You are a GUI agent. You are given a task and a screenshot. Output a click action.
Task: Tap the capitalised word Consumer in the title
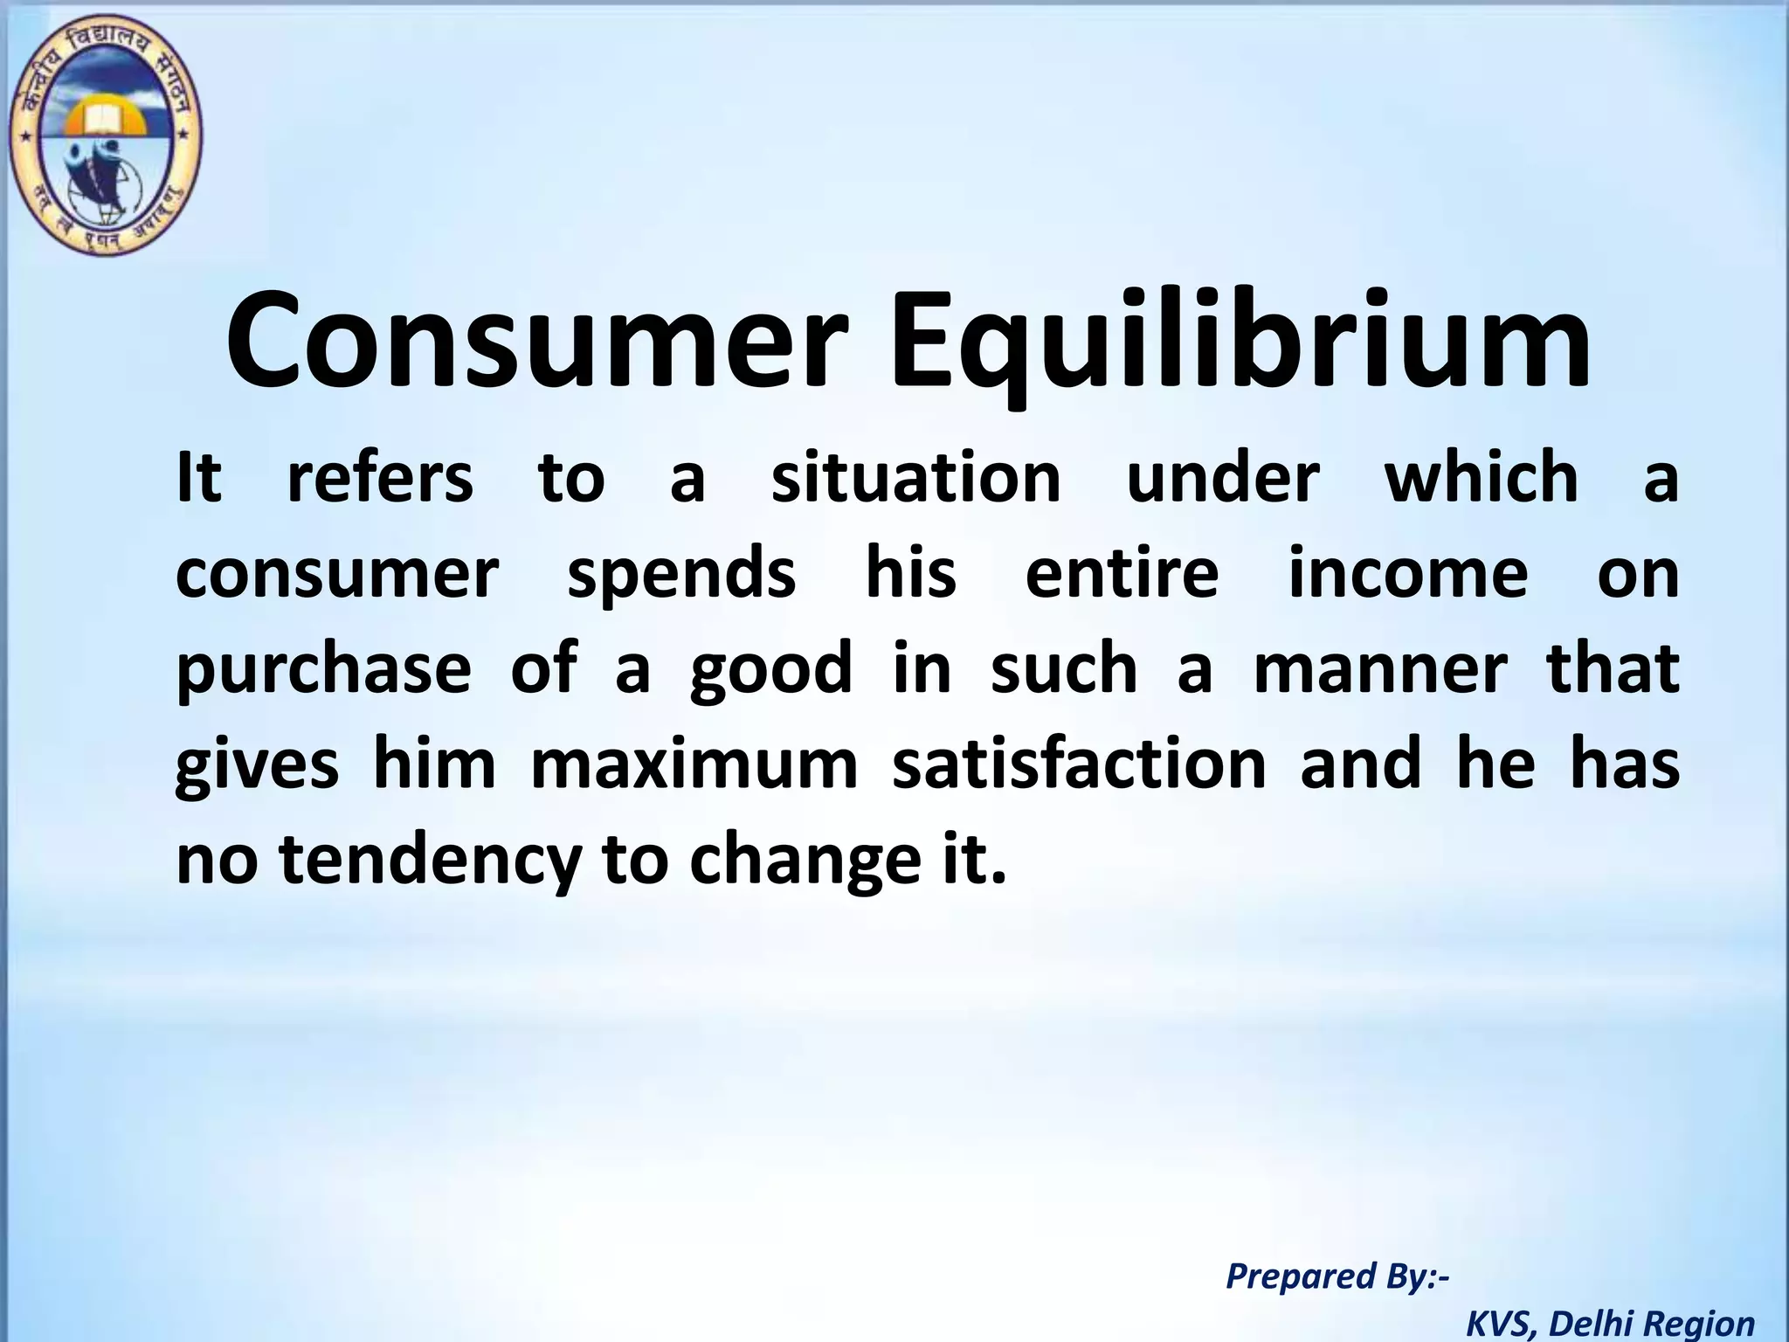click(538, 342)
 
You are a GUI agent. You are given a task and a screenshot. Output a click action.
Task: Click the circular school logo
click(104, 138)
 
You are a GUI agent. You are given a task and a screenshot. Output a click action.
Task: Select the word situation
click(916, 479)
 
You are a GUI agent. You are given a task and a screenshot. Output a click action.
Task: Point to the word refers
click(380, 479)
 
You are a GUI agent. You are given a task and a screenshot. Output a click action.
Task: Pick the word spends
click(681, 575)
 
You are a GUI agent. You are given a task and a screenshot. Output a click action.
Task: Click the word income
click(1408, 575)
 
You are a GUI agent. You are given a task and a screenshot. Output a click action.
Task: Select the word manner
click(1381, 669)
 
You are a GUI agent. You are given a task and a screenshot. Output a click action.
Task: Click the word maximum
click(694, 765)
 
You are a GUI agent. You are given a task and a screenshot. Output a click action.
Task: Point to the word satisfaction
click(1080, 765)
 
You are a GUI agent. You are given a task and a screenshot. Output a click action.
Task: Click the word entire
click(1122, 575)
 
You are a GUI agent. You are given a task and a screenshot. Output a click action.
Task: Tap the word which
click(1482, 479)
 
